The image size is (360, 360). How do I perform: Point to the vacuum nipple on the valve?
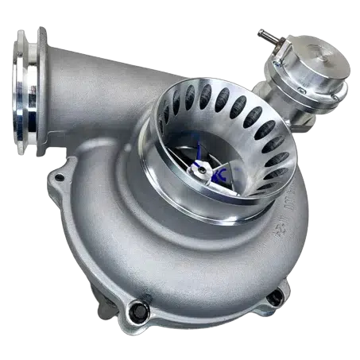click(261, 34)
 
